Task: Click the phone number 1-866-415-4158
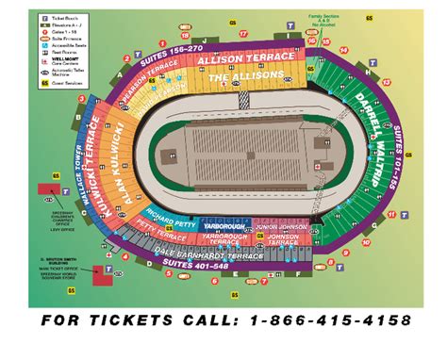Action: click(331, 322)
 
